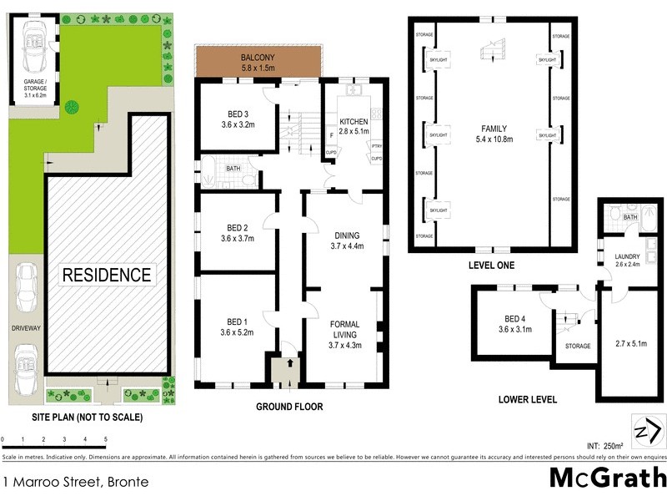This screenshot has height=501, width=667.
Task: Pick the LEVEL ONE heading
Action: (x=491, y=266)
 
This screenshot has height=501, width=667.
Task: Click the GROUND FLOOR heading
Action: (x=288, y=407)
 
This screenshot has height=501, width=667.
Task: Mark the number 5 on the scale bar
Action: (x=106, y=438)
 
